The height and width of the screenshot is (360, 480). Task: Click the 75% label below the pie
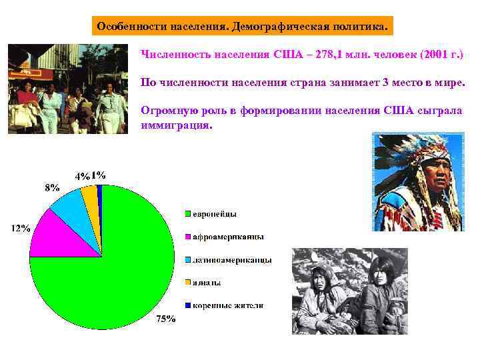click(x=165, y=319)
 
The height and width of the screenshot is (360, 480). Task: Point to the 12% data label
click(x=19, y=228)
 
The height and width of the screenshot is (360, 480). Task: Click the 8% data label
click(x=52, y=187)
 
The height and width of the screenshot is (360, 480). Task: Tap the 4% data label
click(x=82, y=177)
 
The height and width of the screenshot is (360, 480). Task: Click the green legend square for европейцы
click(x=188, y=214)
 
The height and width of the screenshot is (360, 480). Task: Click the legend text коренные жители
click(x=228, y=305)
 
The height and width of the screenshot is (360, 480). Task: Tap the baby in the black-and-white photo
click(x=396, y=311)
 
